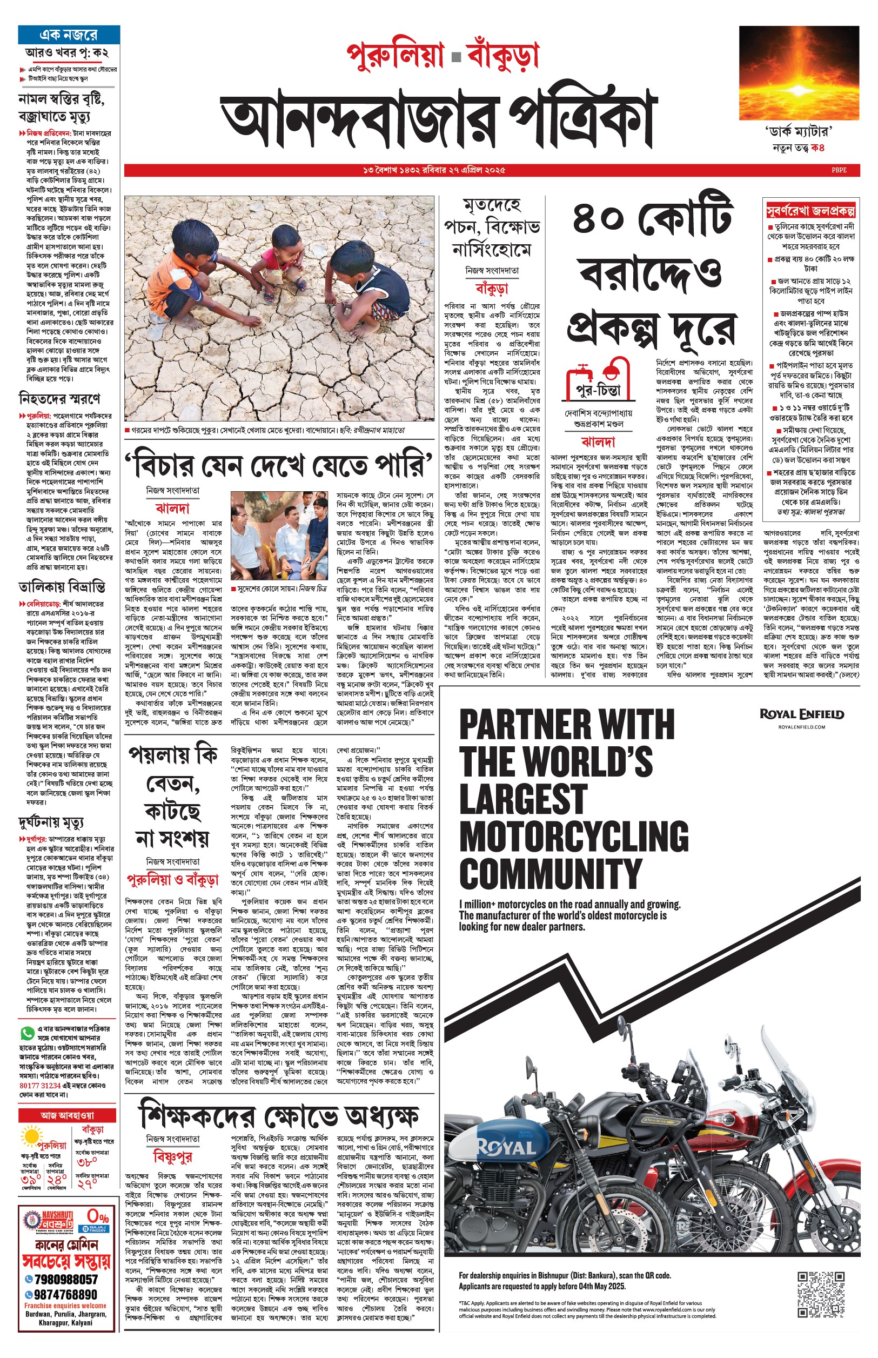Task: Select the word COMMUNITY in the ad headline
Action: (551, 873)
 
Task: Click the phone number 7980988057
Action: (65, 1279)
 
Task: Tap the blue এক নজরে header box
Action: (69, 35)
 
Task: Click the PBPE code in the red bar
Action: (839, 170)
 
